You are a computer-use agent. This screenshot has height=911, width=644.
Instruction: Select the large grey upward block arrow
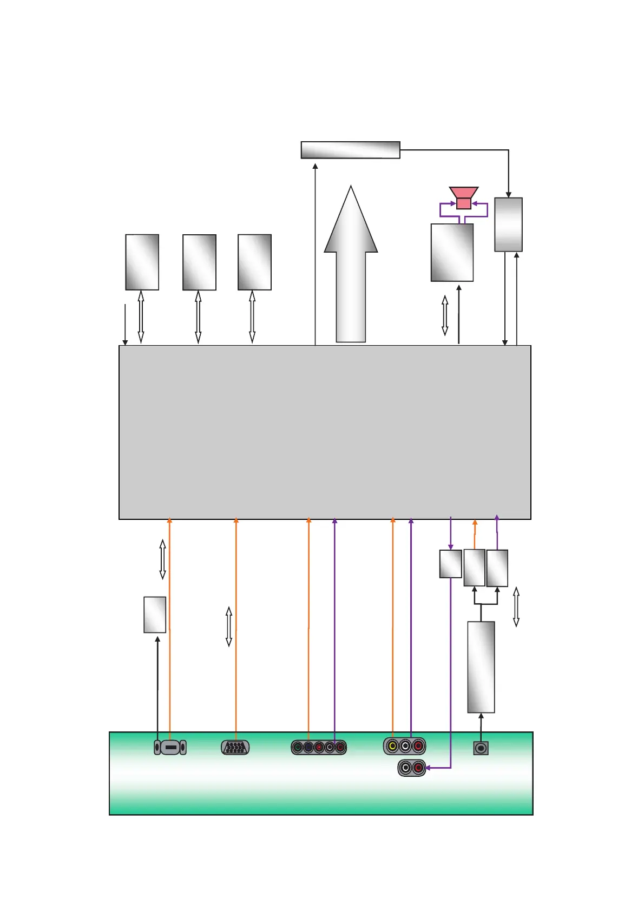[x=351, y=270]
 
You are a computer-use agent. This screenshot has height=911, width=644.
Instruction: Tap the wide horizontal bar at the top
[x=350, y=150]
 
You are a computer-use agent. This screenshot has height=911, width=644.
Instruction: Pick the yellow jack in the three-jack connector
[x=392, y=747]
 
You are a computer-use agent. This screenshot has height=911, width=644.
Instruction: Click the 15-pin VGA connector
[x=235, y=748]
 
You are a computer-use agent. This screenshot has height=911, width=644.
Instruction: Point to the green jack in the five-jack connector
[x=298, y=748]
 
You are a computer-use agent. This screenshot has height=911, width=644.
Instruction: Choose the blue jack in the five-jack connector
[x=308, y=748]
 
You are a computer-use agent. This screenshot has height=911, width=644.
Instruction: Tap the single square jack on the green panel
[x=481, y=748]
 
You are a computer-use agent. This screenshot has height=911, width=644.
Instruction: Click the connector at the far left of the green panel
[x=170, y=748]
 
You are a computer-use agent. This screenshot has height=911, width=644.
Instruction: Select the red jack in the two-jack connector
[x=418, y=768]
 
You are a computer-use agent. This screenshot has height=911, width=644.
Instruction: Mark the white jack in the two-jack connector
[x=406, y=768]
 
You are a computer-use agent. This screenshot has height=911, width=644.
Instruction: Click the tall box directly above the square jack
[x=481, y=666]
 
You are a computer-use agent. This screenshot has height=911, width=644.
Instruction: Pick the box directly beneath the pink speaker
[x=452, y=253]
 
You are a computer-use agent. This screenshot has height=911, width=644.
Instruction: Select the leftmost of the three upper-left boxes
[x=142, y=262]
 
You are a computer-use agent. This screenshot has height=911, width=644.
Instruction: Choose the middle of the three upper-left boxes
[x=199, y=262]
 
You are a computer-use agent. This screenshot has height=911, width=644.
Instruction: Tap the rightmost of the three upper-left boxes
[x=254, y=262]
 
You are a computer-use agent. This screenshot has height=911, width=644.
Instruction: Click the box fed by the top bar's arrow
[x=508, y=225]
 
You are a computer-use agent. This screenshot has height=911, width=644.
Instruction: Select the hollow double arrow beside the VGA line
[x=229, y=626]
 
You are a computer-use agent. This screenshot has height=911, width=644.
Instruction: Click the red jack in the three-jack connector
[x=418, y=747]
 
